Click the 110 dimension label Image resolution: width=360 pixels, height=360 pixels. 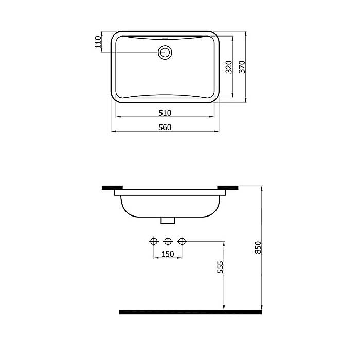(x=98, y=42)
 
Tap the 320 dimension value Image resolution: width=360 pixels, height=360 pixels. (x=229, y=67)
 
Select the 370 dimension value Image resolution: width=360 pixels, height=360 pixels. (x=242, y=67)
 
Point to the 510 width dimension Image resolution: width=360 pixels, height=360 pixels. (x=165, y=113)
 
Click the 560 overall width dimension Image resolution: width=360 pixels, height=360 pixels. (x=165, y=127)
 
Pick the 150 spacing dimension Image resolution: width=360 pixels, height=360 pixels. (x=168, y=254)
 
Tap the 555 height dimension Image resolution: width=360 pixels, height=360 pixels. (x=220, y=267)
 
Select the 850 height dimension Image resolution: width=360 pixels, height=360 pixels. (x=258, y=247)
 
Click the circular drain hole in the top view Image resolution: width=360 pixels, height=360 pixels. (x=165, y=52)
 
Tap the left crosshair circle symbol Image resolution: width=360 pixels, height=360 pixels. (x=154, y=241)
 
